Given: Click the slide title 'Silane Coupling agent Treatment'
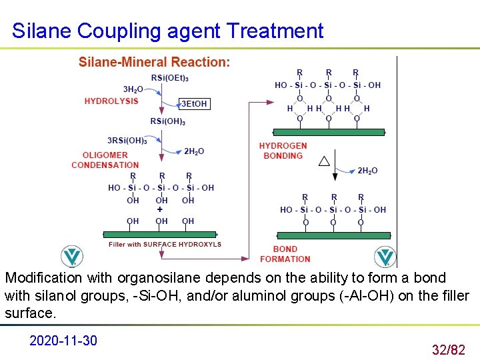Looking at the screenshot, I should (x=168, y=31).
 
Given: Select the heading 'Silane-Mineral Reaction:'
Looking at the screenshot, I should (x=154, y=62).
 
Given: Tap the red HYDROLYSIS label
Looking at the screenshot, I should (x=111, y=101).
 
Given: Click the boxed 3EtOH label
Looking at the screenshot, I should (x=194, y=103).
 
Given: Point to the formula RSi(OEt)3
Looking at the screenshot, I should (x=169, y=77).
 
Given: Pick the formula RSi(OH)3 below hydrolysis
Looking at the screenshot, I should (x=168, y=121).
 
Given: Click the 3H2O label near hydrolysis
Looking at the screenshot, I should (x=133, y=89).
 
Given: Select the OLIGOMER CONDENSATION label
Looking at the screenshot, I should (x=105, y=160).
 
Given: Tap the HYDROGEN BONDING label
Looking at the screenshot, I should (x=283, y=151).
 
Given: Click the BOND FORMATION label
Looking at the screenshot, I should (x=285, y=254).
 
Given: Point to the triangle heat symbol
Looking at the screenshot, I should (x=324, y=161).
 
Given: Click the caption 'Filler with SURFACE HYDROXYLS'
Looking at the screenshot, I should (x=165, y=245).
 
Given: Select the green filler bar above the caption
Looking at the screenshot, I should (x=160, y=234).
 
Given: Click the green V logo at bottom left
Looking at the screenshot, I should (x=72, y=256).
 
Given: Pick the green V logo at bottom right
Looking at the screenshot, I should (x=385, y=256).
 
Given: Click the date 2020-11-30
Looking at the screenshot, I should (x=63, y=341).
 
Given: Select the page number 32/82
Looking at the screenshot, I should (x=448, y=349).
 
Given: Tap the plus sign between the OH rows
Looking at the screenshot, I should (x=160, y=209).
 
